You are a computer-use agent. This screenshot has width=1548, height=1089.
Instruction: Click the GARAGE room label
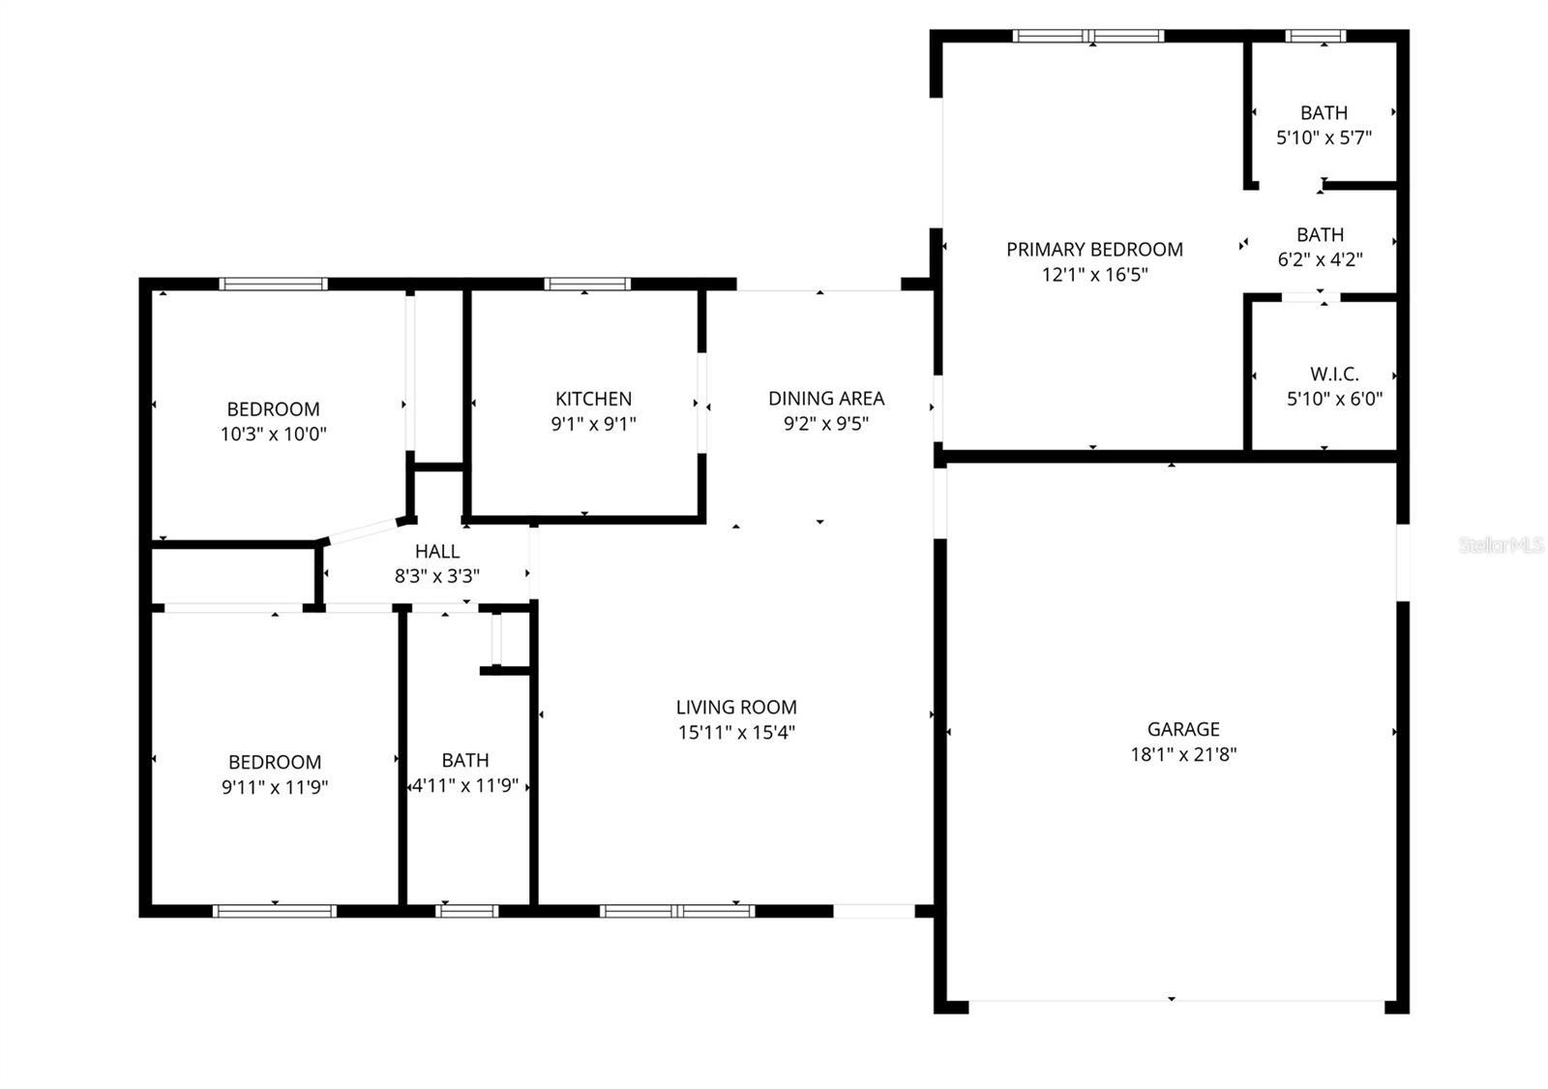point(1182,729)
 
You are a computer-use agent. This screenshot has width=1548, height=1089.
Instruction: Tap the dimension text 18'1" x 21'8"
point(1182,754)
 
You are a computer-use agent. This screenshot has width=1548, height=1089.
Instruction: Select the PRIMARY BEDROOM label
point(1094,249)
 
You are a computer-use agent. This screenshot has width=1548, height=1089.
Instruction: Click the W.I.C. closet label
point(1334,374)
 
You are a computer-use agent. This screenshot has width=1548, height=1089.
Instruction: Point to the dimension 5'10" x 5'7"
point(1324,137)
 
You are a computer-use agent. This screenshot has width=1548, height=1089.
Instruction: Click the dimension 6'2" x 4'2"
point(1320,259)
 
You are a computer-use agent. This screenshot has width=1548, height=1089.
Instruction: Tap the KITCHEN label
point(593,398)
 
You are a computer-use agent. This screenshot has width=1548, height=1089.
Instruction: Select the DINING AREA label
point(825,398)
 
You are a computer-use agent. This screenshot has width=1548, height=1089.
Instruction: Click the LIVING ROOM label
point(735,707)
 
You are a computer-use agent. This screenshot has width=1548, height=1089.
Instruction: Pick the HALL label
point(436,551)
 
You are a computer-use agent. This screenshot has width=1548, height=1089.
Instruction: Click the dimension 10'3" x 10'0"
point(273,434)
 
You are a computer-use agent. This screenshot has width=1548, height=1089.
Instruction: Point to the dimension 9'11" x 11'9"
point(275,787)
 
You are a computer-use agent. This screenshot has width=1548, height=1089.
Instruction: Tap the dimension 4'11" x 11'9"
point(465,785)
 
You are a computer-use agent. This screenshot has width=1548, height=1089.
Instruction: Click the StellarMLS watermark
point(1501,546)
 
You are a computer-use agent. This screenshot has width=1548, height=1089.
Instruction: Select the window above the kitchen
point(586,284)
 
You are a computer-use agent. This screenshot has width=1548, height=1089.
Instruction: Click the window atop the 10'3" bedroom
point(273,284)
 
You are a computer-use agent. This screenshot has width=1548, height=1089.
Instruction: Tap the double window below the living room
point(676,910)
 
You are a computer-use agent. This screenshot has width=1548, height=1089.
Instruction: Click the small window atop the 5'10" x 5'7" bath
point(1315,36)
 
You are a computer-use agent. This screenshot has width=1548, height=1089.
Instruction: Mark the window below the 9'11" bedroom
point(275,910)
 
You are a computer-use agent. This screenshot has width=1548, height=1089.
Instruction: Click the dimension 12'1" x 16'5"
point(1094,274)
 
